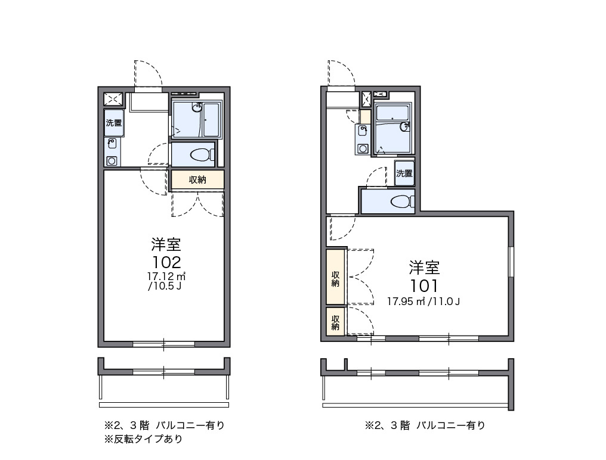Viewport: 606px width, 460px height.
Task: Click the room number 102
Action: [x=166, y=262]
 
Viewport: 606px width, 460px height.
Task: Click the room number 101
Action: [x=424, y=285]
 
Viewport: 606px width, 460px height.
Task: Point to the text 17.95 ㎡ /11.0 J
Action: [x=423, y=301]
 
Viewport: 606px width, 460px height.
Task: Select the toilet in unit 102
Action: [x=201, y=155]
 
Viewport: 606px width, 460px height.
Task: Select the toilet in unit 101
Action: [x=402, y=201]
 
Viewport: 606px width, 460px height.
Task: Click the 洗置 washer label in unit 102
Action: [x=114, y=123]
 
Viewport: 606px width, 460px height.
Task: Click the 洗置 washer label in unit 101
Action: [x=404, y=173]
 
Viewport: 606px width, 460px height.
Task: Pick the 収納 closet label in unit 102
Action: [x=197, y=179]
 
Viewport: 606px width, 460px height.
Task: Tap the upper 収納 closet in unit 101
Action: [x=336, y=278]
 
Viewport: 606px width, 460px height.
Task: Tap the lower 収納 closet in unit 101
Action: [x=336, y=322]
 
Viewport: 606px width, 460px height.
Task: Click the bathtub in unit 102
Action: [x=212, y=121]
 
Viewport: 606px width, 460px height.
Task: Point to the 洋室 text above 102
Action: [x=166, y=244]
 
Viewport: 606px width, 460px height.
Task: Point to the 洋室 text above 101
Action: [x=424, y=266]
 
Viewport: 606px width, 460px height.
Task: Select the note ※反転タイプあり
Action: [x=144, y=440]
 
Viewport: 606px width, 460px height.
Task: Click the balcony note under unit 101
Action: [x=425, y=425]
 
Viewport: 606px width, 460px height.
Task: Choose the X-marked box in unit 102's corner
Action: [x=113, y=99]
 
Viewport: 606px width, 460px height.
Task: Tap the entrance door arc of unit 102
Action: [x=149, y=74]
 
